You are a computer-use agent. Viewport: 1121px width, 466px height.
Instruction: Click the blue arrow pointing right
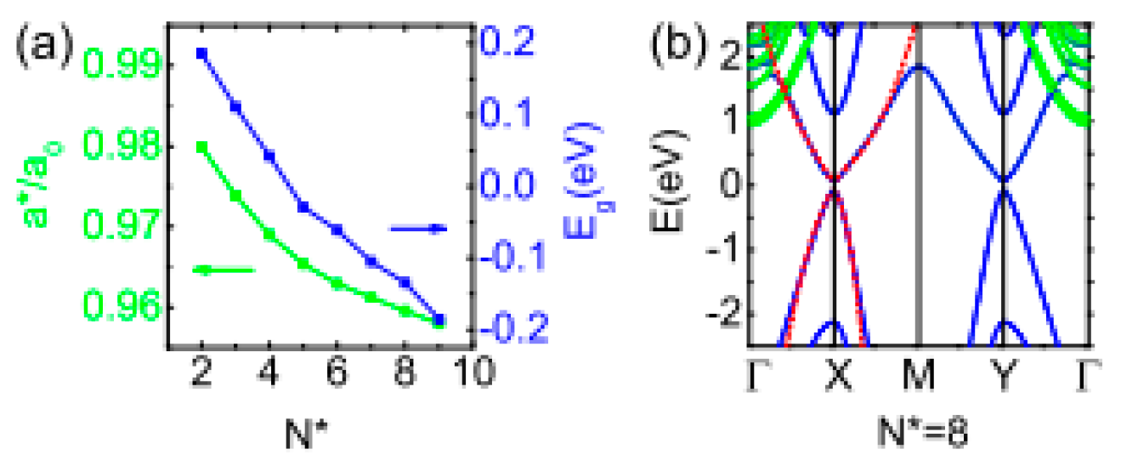418,228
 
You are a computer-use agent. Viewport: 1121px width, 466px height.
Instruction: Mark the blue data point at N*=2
201,53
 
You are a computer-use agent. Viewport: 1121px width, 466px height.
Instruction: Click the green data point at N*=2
201,147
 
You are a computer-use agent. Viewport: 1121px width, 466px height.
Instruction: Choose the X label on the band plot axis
835,375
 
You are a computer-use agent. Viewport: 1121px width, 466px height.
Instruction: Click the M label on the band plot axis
919,375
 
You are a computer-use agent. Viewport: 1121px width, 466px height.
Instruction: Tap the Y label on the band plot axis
1004,375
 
